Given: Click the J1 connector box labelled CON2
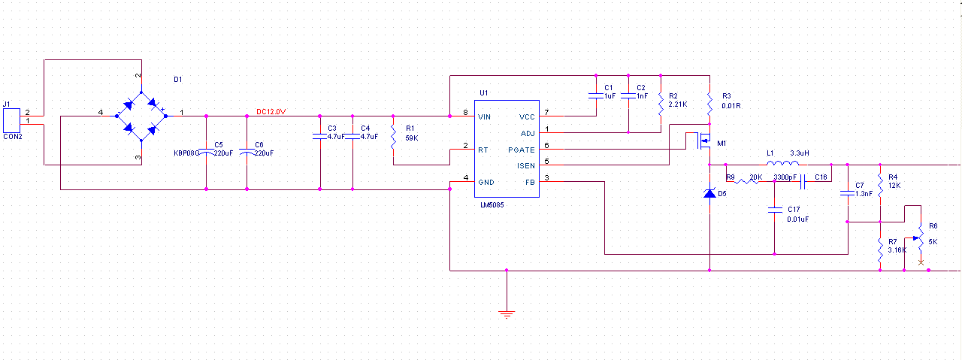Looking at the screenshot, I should pyautogui.click(x=11, y=120).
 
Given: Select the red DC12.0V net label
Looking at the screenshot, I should pyautogui.click(x=271, y=112).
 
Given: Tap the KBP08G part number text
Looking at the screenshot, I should pyautogui.click(x=186, y=153).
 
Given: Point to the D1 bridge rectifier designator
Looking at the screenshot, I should pyautogui.click(x=177, y=79).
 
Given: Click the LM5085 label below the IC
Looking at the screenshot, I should pyautogui.click(x=492, y=205).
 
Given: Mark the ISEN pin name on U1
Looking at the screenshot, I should pyautogui.click(x=526, y=165).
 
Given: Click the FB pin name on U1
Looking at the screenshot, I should pyautogui.click(x=530, y=182).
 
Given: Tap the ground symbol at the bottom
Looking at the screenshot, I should pyautogui.click(x=507, y=313).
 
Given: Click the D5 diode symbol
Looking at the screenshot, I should pyautogui.click(x=709, y=194).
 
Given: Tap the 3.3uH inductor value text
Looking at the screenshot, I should pyautogui.click(x=800, y=153).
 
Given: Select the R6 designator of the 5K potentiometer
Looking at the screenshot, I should pyautogui.click(x=933, y=225).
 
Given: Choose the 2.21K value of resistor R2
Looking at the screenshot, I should pyautogui.click(x=678, y=104).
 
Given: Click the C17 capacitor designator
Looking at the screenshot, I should pyautogui.click(x=794, y=209).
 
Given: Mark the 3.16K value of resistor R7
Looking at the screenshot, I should pyautogui.click(x=897, y=250).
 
